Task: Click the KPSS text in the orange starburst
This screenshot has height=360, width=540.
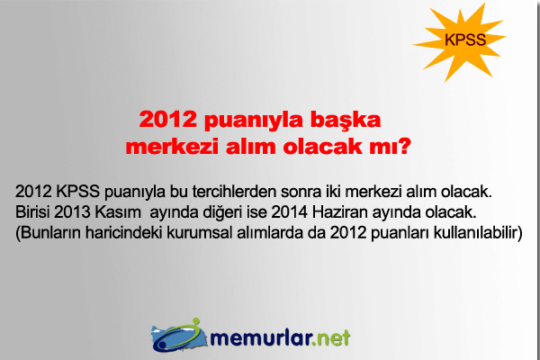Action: click(465, 40)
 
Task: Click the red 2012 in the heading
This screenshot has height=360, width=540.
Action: click(167, 119)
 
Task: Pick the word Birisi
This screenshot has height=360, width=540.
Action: click(37, 213)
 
